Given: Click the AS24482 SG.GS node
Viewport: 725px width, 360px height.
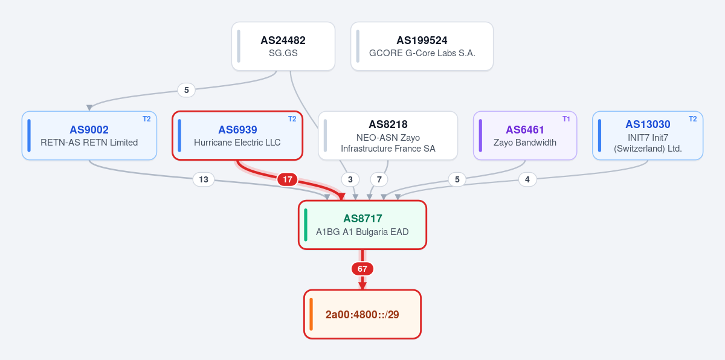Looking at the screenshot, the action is click(x=283, y=47).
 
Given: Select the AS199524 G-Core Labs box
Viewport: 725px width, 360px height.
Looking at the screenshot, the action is click(x=422, y=47).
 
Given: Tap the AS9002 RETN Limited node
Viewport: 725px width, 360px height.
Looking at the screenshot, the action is click(x=89, y=135).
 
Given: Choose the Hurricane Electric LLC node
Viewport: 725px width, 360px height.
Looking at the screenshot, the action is click(x=237, y=135).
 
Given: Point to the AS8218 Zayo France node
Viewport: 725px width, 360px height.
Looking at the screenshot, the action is click(x=388, y=135).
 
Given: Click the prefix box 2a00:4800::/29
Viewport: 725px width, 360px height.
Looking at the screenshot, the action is click(x=362, y=314).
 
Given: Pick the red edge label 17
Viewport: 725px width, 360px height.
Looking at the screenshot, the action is click(x=288, y=179).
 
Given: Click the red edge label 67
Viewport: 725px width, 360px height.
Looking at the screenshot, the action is click(x=362, y=269).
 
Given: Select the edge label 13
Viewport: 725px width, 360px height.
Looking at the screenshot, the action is click(x=204, y=179).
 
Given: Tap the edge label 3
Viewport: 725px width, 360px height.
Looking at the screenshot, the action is click(x=350, y=179).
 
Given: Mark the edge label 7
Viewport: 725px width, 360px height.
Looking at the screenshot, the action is click(x=379, y=179).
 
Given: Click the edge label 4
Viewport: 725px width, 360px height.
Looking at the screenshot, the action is click(x=527, y=179).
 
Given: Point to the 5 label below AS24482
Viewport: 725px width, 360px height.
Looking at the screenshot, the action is click(x=187, y=90).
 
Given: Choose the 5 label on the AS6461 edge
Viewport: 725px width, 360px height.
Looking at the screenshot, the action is click(x=457, y=179).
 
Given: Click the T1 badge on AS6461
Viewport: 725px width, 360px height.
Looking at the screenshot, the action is click(x=566, y=119).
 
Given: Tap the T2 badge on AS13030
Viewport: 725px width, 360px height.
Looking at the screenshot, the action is click(x=692, y=119).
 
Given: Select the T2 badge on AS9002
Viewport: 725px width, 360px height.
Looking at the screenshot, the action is click(x=147, y=119).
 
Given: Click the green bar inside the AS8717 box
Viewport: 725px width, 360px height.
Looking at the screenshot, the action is click(x=306, y=225).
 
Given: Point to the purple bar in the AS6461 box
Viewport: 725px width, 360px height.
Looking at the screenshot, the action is click(x=480, y=135).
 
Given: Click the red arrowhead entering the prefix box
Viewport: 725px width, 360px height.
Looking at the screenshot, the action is click(x=362, y=286).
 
